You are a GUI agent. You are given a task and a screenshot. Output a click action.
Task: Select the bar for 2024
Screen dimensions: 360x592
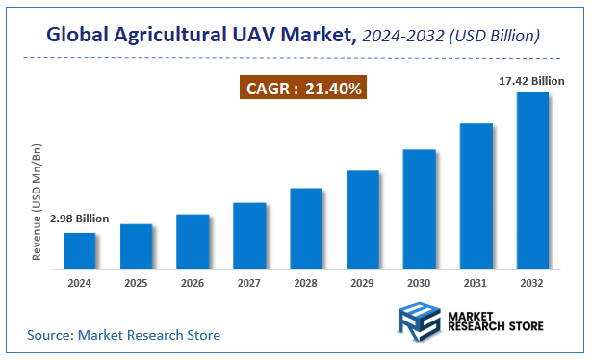click(80, 249)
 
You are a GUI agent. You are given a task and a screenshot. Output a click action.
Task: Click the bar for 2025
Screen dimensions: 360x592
click(137, 245)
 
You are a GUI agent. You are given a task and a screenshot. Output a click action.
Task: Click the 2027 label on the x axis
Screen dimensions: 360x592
click(249, 284)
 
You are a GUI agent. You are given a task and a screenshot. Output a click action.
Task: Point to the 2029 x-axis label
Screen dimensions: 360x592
click(363, 284)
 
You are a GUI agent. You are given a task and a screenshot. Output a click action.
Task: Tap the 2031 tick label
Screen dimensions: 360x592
click(476, 284)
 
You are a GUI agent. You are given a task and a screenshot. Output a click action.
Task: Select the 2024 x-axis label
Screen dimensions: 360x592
click(80, 284)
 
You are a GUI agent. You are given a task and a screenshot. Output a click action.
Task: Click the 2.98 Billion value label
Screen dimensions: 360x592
click(80, 220)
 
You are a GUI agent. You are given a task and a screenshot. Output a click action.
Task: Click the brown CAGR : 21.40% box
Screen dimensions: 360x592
click(303, 89)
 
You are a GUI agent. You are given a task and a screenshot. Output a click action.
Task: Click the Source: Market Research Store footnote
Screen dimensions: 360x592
click(123, 335)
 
